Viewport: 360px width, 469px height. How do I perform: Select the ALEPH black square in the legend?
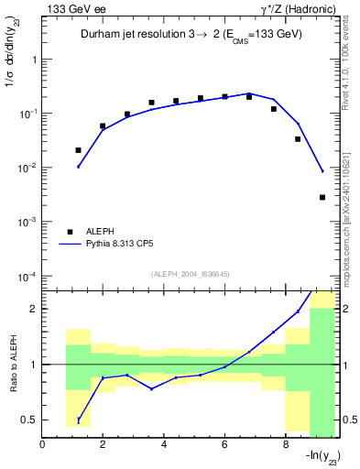coord(70,233)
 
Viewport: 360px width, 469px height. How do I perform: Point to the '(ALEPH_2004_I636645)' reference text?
coord(189,274)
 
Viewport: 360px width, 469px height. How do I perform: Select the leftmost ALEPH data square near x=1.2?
coord(78,150)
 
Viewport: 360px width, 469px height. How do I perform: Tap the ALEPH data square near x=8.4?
coord(298,139)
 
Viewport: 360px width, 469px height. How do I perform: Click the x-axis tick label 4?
coord(164,446)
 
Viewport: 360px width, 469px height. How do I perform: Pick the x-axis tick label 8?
coord(286,446)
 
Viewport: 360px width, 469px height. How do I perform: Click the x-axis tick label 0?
coord(42,446)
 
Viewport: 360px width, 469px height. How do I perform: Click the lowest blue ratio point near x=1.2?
coord(78,420)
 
